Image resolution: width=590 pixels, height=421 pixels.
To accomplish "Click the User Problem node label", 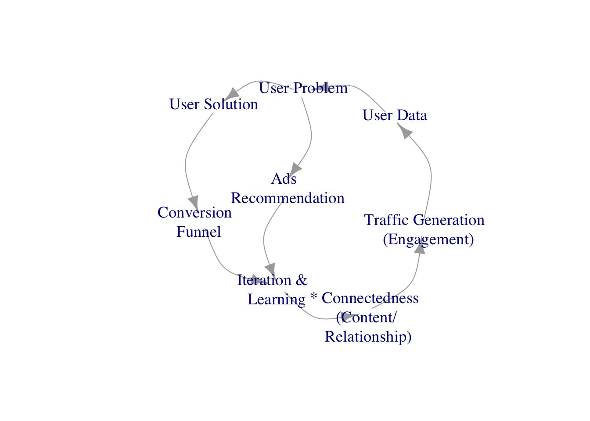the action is (x=303, y=88).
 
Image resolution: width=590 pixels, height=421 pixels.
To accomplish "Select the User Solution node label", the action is (x=214, y=104).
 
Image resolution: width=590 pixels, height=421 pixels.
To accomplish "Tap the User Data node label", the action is (x=395, y=115).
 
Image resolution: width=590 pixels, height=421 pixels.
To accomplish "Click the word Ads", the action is (x=284, y=178).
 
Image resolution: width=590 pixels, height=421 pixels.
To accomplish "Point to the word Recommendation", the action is (x=288, y=198).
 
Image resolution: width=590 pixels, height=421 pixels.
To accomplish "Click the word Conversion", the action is (x=194, y=212).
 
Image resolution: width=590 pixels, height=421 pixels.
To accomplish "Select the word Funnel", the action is (x=198, y=232).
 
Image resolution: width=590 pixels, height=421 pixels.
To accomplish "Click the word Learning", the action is (x=277, y=300).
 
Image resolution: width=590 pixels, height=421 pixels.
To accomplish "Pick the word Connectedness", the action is (x=370, y=298).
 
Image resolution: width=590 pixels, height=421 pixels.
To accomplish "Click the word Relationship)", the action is (x=368, y=337).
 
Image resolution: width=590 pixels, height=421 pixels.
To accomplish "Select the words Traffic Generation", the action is (x=424, y=220).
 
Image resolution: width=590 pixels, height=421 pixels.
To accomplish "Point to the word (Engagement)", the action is (x=428, y=239).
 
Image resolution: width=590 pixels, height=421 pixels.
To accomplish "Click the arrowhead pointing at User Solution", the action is (x=231, y=94).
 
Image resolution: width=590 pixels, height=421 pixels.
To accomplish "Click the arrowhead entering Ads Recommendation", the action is (x=295, y=169).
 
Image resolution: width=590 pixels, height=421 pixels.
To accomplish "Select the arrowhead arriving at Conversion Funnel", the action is (x=194, y=203).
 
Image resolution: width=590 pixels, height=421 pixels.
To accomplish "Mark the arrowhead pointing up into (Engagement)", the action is (x=420, y=245).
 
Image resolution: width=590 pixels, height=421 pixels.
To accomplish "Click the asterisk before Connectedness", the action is (x=314, y=296).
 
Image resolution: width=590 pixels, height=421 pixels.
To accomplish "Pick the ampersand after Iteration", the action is (x=301, y=280).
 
